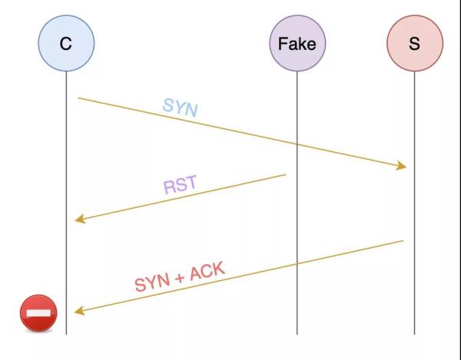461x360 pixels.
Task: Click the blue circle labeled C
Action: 66,43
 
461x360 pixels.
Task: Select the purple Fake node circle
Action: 297,43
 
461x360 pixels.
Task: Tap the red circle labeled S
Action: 414,43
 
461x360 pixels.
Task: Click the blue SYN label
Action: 180,107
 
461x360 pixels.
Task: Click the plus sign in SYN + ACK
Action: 179,277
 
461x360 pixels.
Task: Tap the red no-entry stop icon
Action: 38,314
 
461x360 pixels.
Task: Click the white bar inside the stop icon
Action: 38,314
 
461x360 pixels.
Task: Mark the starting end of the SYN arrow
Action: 78,97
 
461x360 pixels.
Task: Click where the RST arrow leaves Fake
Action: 285,175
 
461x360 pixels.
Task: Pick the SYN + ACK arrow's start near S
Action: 403,241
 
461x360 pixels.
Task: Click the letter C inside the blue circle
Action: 66,44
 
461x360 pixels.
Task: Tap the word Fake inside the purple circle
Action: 297,44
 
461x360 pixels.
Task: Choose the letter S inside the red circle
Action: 414,44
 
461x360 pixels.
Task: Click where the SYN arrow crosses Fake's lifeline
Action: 297,144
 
